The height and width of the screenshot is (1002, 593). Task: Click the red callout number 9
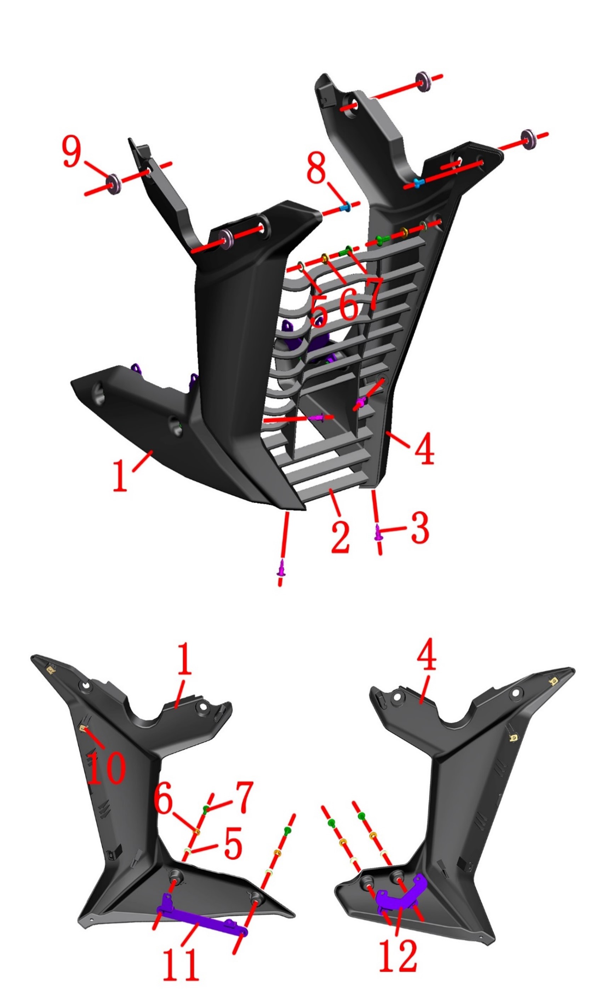pyautogui.click(x=72, y=152)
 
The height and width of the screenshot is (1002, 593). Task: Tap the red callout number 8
pyautogui.click(x=317, y=168)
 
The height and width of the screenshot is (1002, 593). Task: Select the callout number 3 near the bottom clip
pyautogui.click(x=420, y=528)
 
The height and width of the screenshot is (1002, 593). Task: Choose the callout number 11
pyautogui.click(x=181, y=964)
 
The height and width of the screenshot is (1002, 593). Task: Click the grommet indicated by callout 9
pyautogui.click(x=114, y=183)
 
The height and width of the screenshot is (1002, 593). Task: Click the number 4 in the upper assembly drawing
pyautogui.click(x=424, y=448)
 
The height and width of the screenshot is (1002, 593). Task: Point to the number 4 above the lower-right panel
pyautogui.click(x=426, y=653)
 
